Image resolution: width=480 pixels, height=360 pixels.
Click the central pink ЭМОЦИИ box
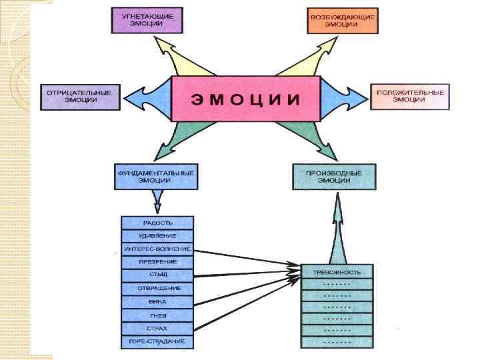click(x=246, y=99)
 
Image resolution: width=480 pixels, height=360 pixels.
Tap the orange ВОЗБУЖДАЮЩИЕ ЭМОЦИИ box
click(x=342, y=19)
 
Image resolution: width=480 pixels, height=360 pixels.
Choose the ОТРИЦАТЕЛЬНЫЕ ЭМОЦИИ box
click(x=79, y=96)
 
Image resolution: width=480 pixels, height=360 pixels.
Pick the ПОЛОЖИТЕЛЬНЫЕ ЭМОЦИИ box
click(x=409, y=96)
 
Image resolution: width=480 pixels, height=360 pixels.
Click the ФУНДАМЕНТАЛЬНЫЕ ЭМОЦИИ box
click(x=156, y=176)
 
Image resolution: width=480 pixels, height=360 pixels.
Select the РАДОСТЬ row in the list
click(x=157, y=223)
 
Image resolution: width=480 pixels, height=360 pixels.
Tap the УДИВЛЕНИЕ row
click(x=157, y=236)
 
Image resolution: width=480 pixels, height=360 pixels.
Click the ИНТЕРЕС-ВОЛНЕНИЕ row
click(x=157, y=249)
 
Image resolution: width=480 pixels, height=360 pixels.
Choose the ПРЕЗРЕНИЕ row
click(x=157, y=262)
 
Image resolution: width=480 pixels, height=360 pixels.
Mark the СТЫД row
click(x=157, y=275)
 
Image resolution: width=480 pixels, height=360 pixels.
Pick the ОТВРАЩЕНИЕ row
click(x=157, y=289)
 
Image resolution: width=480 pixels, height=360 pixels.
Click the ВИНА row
click(x=157, y=302)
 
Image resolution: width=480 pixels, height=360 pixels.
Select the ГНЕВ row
click(x=157, y=315)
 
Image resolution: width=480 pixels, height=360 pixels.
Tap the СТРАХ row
click(x=157, y=329)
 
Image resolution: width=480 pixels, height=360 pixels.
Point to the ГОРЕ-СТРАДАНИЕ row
click(x=157, y=342)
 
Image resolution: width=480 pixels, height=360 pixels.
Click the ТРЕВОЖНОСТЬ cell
click(x=337, y=272)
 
